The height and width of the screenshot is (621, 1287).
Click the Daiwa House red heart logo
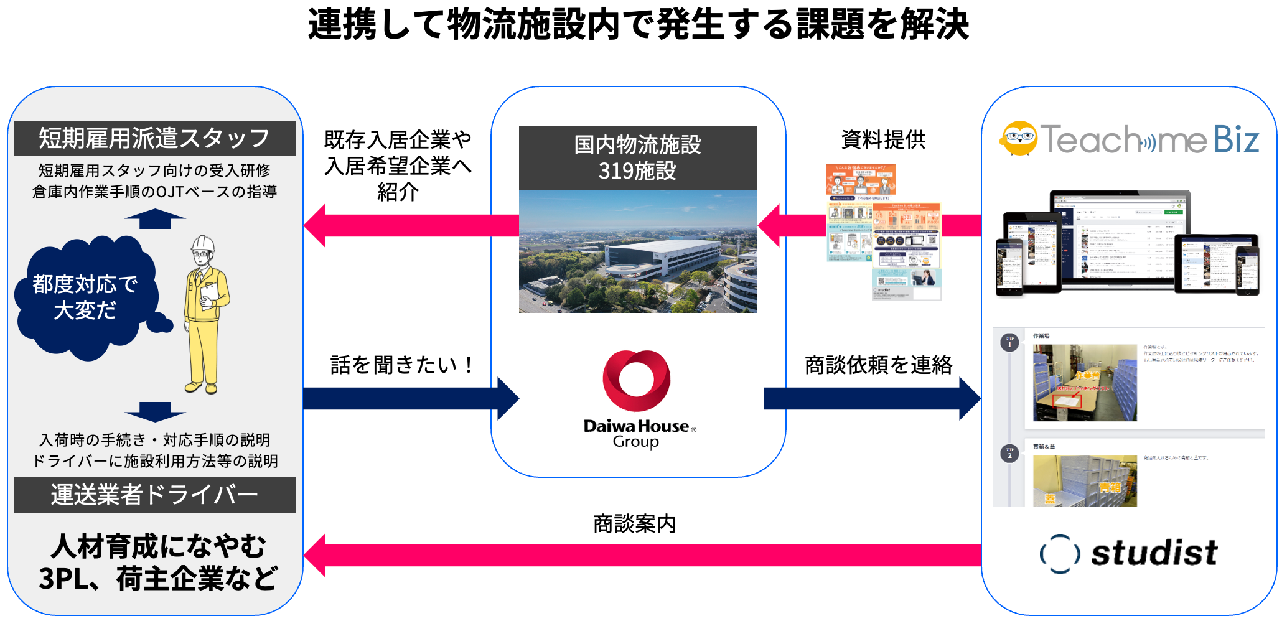[x=636, y=380]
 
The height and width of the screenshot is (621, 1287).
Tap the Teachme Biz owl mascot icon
[x=1018, y=138]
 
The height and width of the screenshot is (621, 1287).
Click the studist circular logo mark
[x=1059, y=553]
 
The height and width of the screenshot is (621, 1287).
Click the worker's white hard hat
[x=203, y=245]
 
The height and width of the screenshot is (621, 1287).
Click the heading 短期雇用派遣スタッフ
[x=154, y=138]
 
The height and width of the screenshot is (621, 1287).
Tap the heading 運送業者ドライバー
[x=154, y=495]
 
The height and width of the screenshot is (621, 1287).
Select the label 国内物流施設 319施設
[x=637, y=157]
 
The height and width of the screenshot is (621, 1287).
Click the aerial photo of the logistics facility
[x=637, y=251]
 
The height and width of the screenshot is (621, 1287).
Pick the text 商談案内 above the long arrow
[x=634, y=524]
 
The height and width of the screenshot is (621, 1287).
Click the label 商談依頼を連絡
[x=878, y=365]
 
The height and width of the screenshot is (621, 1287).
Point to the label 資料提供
[x=883, y=140]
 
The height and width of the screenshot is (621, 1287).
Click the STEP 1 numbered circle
[x=1009, y=343]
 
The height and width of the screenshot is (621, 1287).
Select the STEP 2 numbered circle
[x=1009, y=454]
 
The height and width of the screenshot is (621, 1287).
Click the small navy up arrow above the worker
[x=155, y=219]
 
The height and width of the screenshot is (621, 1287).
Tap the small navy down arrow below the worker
[x=155, y=411]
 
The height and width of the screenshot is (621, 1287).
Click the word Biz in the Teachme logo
[x=1235, y=139]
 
